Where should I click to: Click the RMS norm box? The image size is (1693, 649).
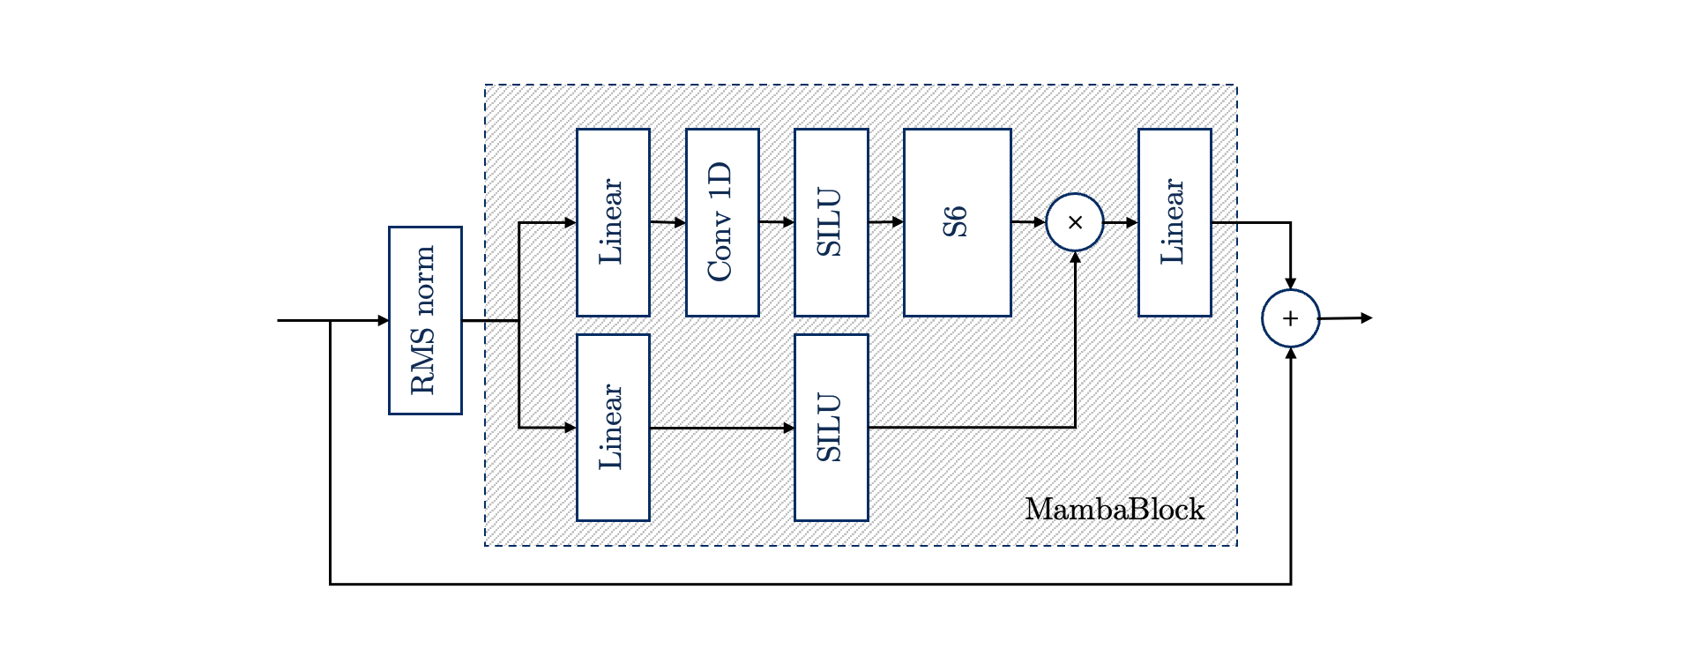point(425,320)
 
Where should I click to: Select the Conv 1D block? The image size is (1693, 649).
point(722,222)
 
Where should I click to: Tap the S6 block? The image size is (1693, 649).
point(957,222)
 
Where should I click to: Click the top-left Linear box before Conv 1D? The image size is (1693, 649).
point(613,222)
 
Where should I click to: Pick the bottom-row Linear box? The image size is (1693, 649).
point(613,428)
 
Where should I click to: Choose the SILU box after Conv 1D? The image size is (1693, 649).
point(831,222)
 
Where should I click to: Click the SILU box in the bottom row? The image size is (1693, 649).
point(831,428)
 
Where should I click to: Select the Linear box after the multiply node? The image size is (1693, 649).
point(1175,222)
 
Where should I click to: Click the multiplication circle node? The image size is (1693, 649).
point(1075,222)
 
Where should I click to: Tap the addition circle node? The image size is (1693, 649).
point(1290,318)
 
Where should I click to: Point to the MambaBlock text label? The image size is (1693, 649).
point(1115,510)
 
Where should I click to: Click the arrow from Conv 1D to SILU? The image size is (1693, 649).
point(777,222)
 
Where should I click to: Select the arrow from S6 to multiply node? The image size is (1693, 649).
point(1028,222)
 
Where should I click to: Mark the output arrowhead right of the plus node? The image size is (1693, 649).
point(1367,317)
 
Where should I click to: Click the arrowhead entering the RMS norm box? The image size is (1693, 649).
point(384,320)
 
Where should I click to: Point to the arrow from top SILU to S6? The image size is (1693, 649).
point(886,222)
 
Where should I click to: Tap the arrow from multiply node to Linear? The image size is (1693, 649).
point(1121,222)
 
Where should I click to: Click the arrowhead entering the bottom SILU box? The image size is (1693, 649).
point(789,428)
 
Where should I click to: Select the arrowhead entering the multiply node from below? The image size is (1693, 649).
point(1075,257)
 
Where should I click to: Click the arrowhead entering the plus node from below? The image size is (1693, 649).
point(1290,353)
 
